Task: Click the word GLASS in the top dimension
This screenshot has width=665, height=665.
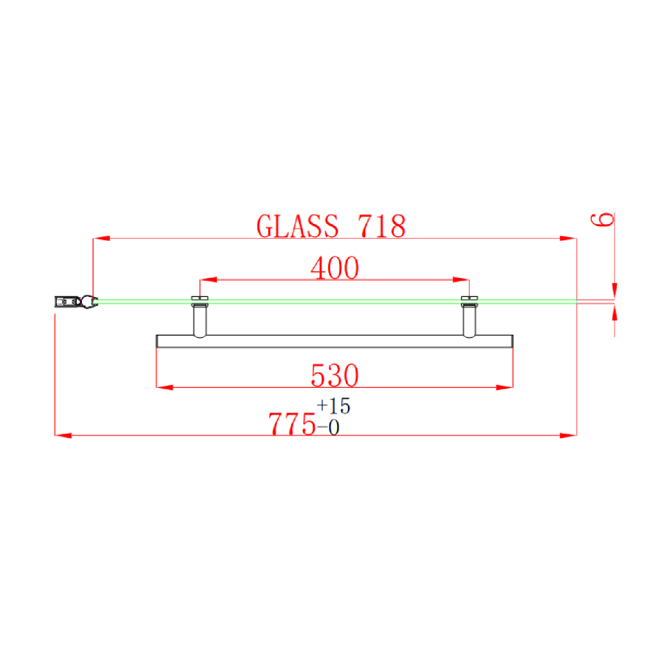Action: pos(298,225)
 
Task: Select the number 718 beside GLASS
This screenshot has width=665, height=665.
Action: pos(382,225)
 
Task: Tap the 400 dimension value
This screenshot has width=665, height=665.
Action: pos(335,267)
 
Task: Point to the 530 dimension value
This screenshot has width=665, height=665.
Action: pos(335,375)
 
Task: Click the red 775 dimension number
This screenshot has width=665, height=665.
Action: pos(292,423)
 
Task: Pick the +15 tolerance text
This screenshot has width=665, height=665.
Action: pos(333,406)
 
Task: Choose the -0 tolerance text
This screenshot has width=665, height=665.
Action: pos(328,428)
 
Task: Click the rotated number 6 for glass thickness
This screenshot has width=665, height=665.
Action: pos(602,219)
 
